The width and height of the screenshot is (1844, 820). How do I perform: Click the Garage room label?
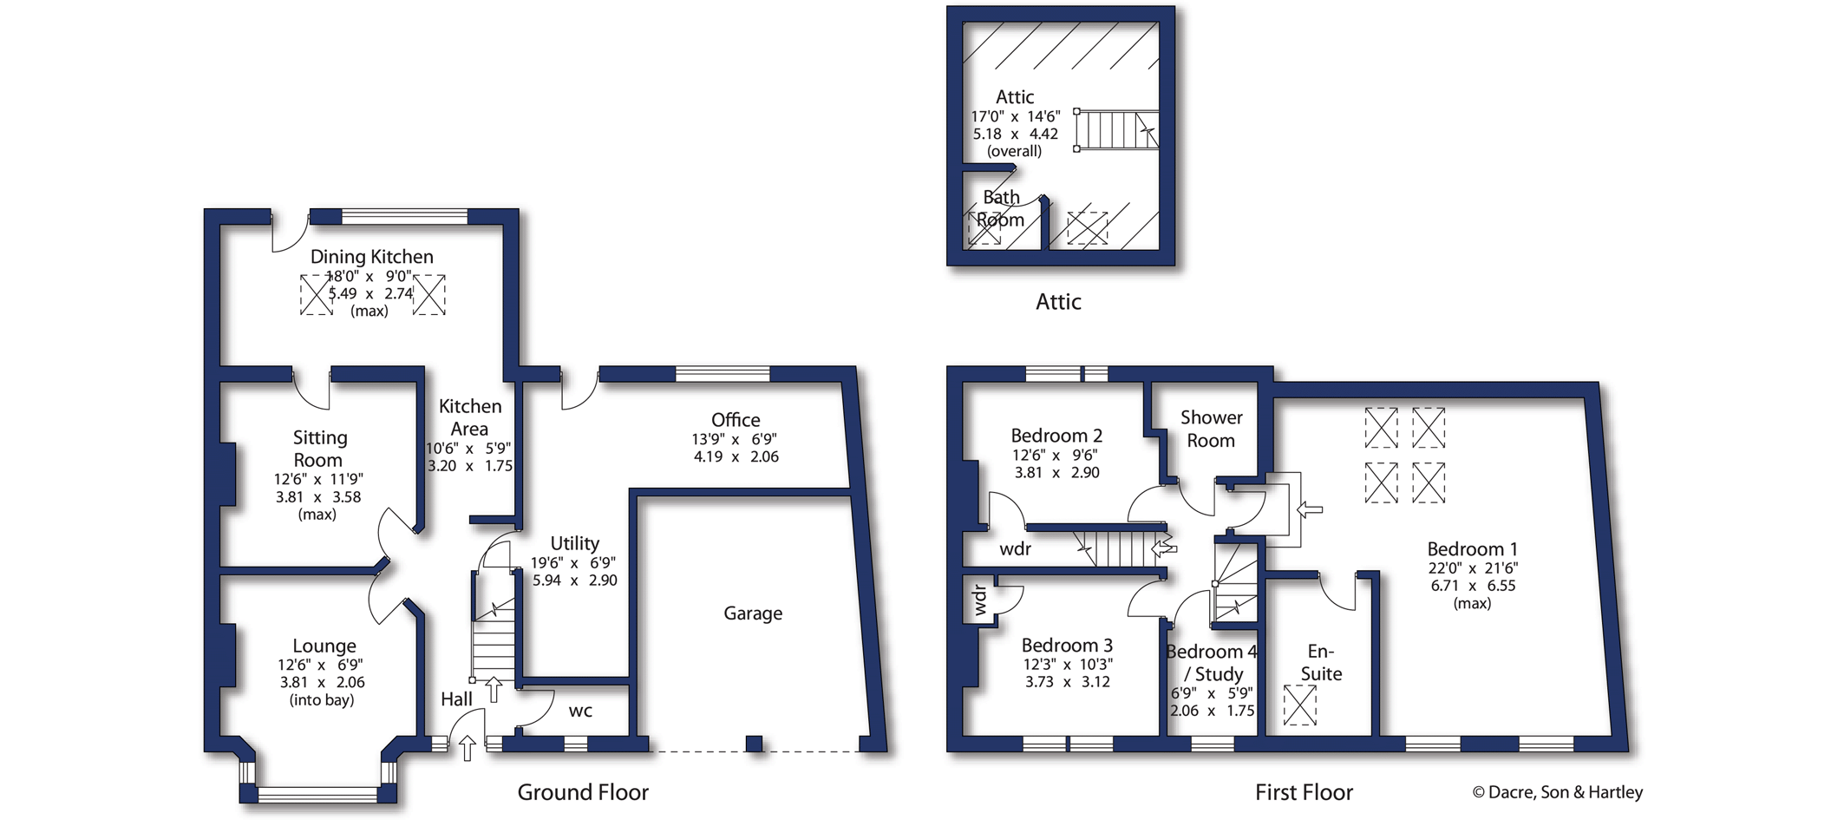752,613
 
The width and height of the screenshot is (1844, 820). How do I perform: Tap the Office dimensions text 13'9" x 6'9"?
734,439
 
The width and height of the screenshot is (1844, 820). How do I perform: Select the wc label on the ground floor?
580,712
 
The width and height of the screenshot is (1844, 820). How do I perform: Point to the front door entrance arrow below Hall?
467,747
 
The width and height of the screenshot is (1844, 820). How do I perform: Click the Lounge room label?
324,646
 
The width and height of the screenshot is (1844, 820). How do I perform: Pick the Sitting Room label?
318,449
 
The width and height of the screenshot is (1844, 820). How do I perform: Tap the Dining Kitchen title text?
371,257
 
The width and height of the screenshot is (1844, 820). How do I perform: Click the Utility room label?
574,543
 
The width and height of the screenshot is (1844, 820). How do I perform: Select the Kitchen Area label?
469,417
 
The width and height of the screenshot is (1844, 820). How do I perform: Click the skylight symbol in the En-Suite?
1299,705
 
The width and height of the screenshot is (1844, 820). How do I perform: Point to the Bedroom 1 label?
1472,549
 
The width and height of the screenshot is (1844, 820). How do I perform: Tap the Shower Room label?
1211,429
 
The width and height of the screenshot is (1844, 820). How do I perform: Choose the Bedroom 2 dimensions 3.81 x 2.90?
1056,473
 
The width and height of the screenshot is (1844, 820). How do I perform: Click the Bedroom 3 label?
1066,646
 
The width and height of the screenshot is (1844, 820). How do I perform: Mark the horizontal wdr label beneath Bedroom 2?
1015,548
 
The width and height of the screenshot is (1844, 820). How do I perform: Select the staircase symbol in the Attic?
1116,130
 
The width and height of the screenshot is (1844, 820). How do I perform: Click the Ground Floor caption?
583,792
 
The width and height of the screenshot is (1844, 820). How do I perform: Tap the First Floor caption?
1304,792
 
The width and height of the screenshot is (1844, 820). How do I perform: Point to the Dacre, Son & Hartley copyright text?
1557,792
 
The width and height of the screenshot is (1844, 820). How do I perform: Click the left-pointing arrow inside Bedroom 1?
1310,509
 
